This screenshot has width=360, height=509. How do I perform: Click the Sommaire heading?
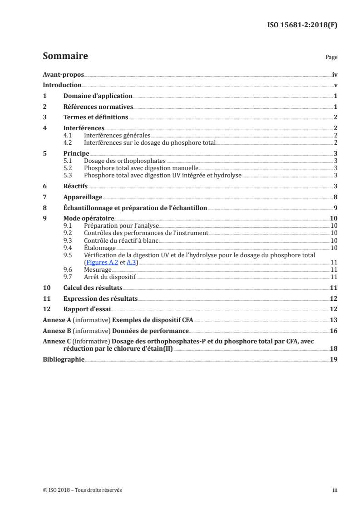pyautogui.click(x=65, y=56)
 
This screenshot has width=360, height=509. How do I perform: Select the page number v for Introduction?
pyautogui.click(x=335, y=85)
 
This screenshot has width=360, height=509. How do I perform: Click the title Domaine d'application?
pyautogui.click(x=98, y=96)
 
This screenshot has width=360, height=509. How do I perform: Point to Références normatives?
pyautogui.click(x=98, y=107)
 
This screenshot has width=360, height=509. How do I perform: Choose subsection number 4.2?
pyautogui.click(x=68, y=142)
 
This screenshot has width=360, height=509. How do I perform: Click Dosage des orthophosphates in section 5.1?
pyautogui.click(x=125, y=161)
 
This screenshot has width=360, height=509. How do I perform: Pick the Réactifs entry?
pyautogui.click(x=75, y=186)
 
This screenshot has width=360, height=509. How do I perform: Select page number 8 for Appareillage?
pyautogui.click(x=335, y=197)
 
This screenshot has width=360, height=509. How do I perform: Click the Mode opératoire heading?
pyautogui.click(x=89, y=219)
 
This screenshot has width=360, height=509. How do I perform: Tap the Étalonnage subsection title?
pyautogui.click(x=100, y=248)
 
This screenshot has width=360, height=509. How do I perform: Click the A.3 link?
pyautogui.click(x=131, y=262)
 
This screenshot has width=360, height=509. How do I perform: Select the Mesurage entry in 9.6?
pyautogui.click(x=98, y=269)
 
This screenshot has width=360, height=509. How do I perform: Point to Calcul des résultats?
pyautogui.click(x=93, y=288)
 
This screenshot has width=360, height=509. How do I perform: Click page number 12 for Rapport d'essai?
pyautogui.click(x=334, y=309)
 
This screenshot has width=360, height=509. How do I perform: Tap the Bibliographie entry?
pyautogui.click(x=64, y=359)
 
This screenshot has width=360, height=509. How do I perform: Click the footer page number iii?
pyautogui.click(x=335, y=490)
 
